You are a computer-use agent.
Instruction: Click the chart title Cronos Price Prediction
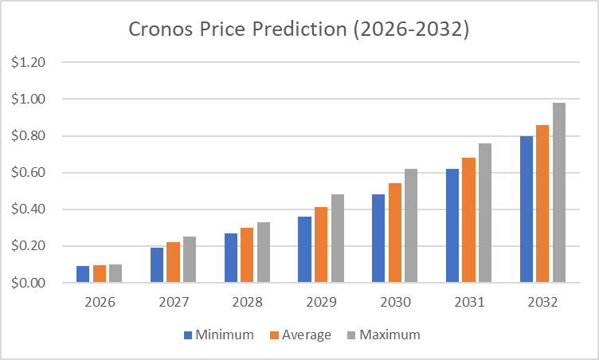coord(299,30)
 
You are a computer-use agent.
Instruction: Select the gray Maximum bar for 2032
coord(558,193)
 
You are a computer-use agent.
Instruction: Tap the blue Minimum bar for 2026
coord(83,274)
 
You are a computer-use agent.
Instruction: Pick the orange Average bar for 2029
coord(321,245)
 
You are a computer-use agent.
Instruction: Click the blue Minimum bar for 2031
coord(452,225)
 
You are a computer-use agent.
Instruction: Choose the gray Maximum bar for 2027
coord(189,260)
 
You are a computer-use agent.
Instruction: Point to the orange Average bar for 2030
coord(395,233)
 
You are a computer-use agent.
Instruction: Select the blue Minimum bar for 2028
coord(231,258)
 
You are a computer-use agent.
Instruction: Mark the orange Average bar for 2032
coord(542,204)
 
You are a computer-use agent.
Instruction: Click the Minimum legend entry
coord(218,335)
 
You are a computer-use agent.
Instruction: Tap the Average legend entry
coord(299,335)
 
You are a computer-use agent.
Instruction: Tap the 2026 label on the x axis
coord(99,303)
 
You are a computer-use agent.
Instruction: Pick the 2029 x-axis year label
coord(321,303)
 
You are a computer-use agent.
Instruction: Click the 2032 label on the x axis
coord(542,303)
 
